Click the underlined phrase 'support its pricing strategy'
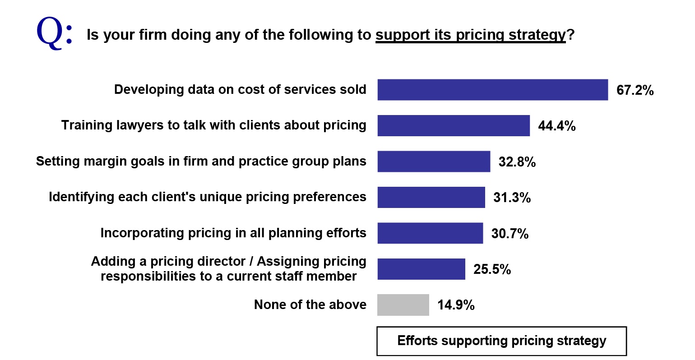pyautogui.click(x=470, y=35)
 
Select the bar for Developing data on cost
pyautogui.click(x=492, y=90)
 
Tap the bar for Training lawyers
pyautogui.click(x=454, y=125)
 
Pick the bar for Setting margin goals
pyautogui.click(x=434, y=162)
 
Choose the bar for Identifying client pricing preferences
pyautogui.click(x=431, y=197)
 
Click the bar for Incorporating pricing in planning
pyautogui.click(x=430, y=233)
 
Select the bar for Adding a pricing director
pyautogui.click(x=421, y=269)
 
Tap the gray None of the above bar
pyautogui.click(x=403, y=305)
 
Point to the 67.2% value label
pyautogui.click(x=635, y=90)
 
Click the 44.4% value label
pyautogui.click(x=556, y=126)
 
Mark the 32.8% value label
pyautogui.click(x=517, y=162)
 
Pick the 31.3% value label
pyautogui.click(x=512, y=198)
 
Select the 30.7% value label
pyautogui.click(x=510, y=234)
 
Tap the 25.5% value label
pyautogui.click(x=492, y=269)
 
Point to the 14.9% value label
pyautogui.click(x=456, y=305)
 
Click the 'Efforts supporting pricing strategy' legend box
pyautogui.click(x=501, y=341)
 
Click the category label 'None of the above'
pyautogui.click(x=310, y=305)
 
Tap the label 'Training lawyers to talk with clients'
pyautogui.click(x=213, y=125)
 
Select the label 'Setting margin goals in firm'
pyautogui.click(x=201, y=162)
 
